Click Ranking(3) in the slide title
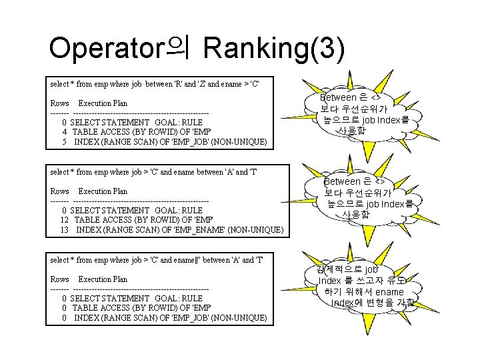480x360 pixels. [274, 48]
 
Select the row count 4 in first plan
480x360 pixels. [64, 132]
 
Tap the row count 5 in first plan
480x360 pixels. [64, 142]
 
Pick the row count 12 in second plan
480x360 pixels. [65, 220]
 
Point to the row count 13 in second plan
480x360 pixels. [65, 230]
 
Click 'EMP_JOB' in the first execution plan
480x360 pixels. [189, 142]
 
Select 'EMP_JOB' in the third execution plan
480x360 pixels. [189, 318]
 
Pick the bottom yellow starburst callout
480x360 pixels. [363, 287]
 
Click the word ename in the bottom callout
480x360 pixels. [389, 292]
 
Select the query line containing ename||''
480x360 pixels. [157, 260]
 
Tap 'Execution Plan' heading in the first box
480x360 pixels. [103, 103]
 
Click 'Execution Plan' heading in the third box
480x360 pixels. [103, 279]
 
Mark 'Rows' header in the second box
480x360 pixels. [59, 191]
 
